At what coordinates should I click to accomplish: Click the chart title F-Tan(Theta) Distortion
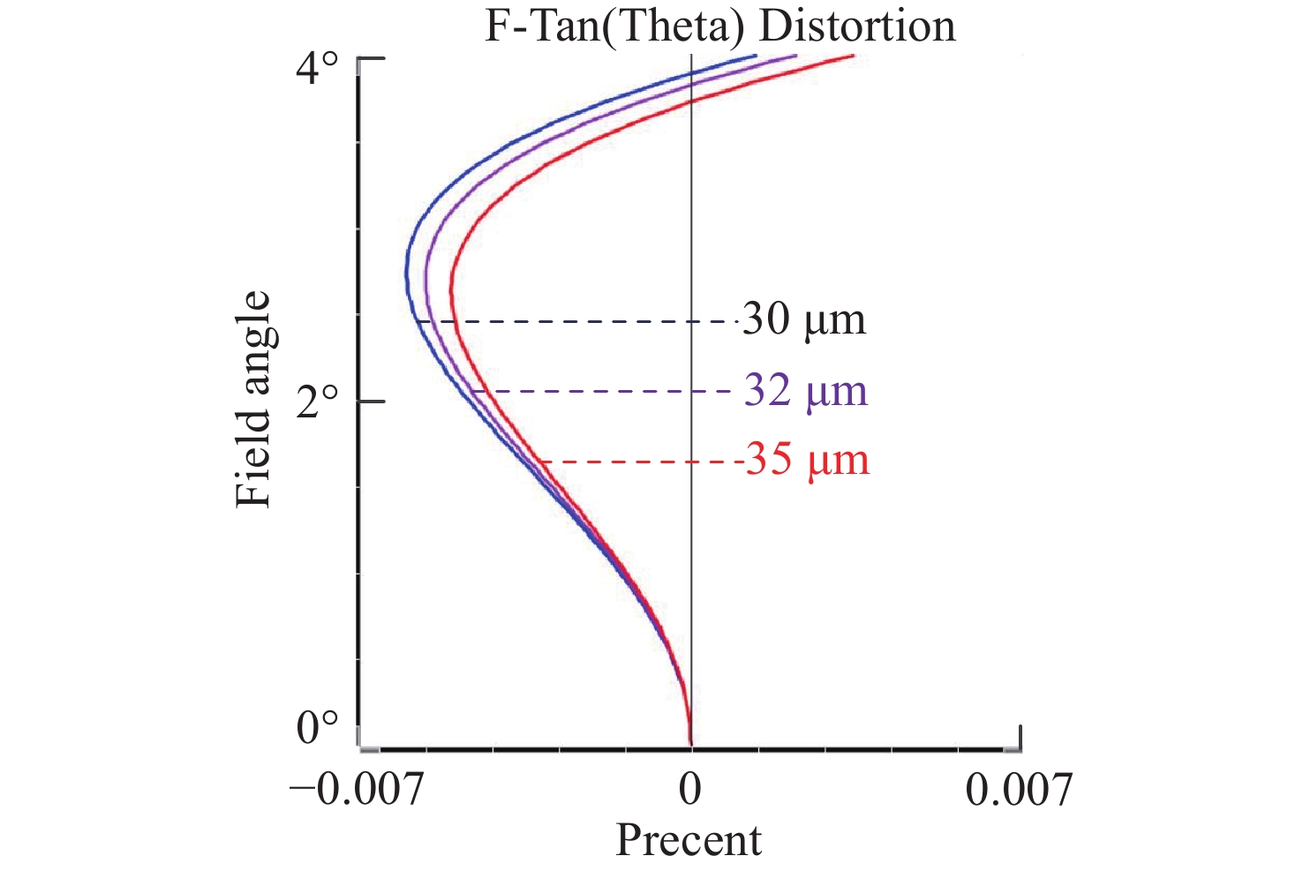click(x=719, y=26)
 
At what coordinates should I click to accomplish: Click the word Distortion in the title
click(x=857, y=26)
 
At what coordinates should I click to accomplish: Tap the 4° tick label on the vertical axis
click(x=316, y=69)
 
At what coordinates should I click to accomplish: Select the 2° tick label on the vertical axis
click(x=316, y=404)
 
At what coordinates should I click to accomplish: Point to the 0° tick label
click(x=316, y=729)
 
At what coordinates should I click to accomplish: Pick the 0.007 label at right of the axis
click(x=1019, y=790)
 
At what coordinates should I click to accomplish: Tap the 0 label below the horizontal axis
click(x=690, y=790)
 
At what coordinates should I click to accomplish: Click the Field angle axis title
click(x=253, y=399)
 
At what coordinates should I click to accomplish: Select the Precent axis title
click(x=689, y=840)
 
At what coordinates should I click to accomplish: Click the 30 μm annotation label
click(x=804, y=319)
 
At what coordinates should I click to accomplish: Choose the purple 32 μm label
click(x=806, y=391)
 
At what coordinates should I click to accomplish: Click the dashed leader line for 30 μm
click(x=583, y=321)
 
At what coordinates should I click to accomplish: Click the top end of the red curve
click(x=853, y=56)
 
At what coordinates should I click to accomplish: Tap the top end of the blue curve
click(x=756, y=56)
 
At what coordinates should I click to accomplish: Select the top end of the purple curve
click(x=795, y=56)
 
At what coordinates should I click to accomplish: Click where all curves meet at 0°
click(x=690, y=744)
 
